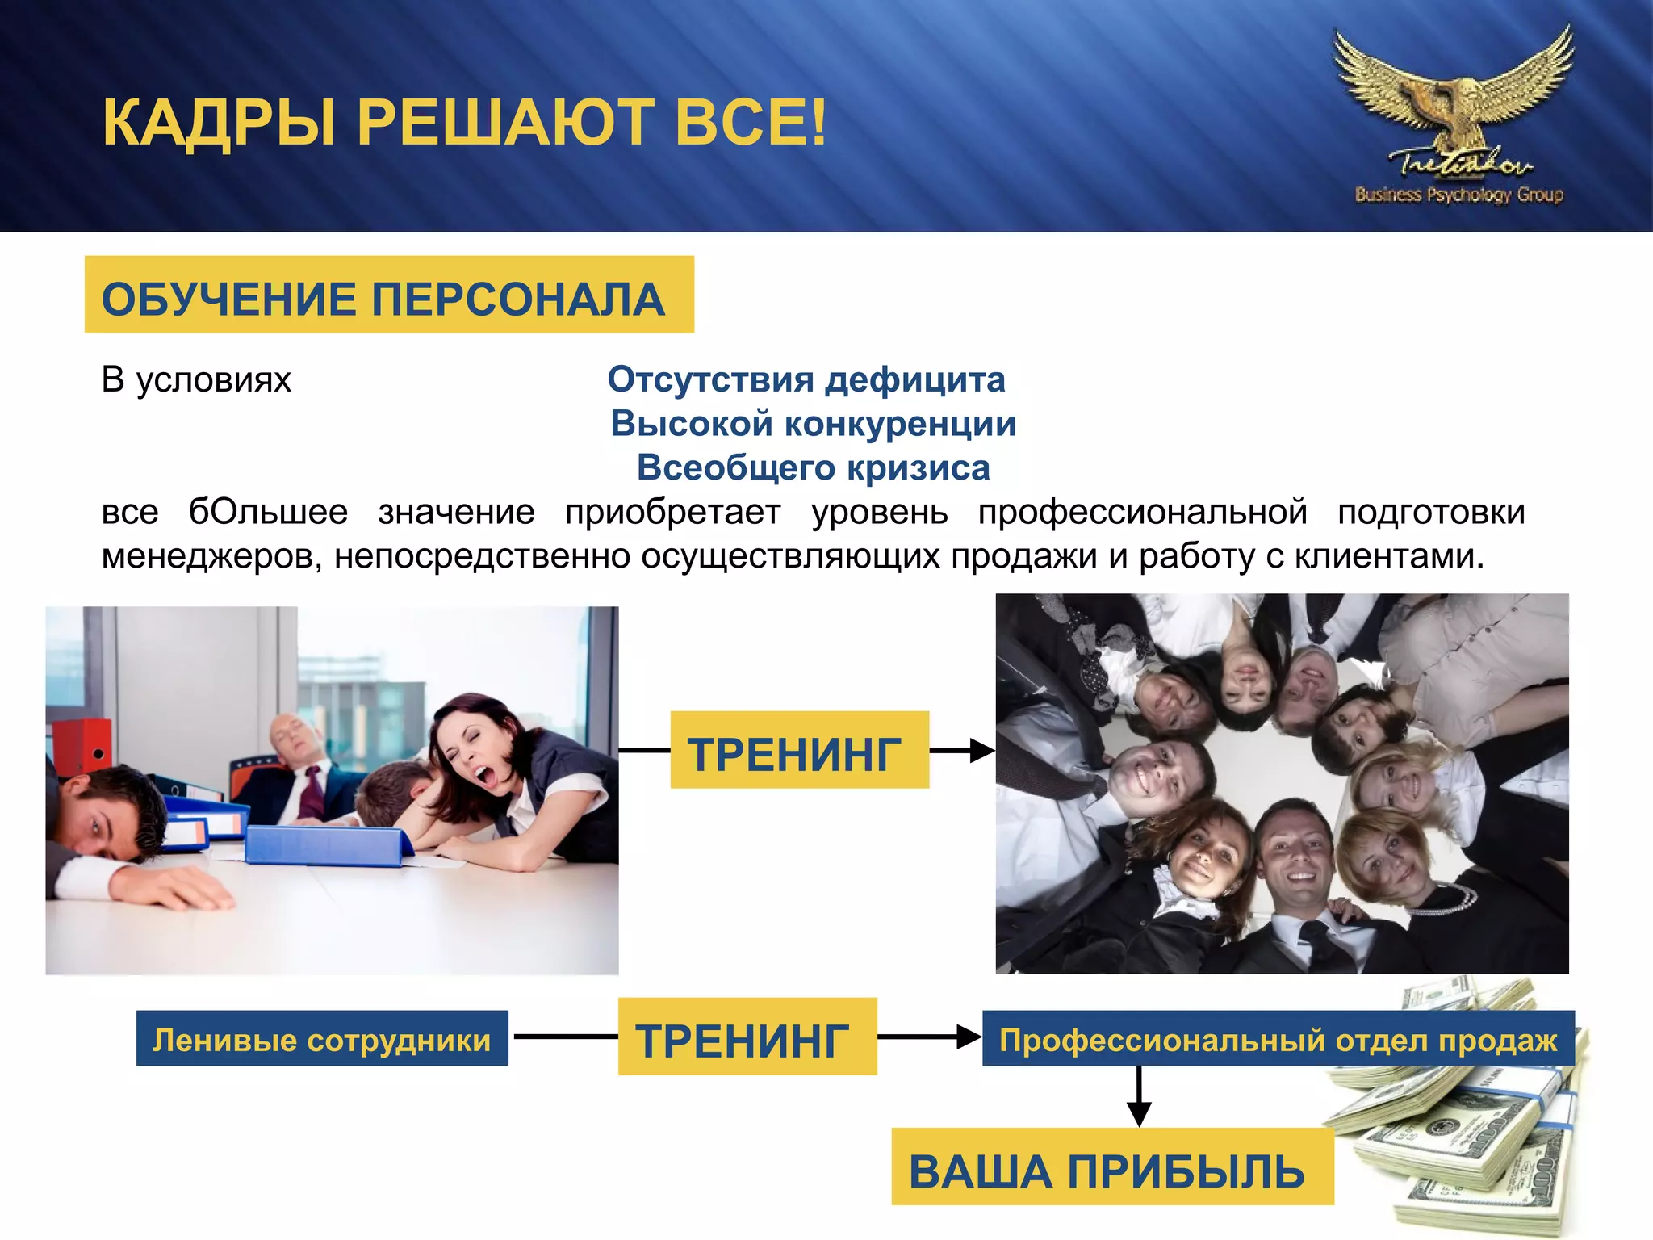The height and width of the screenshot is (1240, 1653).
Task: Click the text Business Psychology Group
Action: (x=1459, y=195)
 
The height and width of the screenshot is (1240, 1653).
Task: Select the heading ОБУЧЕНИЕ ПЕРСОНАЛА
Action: (x=384, y=299)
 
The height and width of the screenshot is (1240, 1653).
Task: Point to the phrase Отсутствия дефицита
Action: (x=806, y=379)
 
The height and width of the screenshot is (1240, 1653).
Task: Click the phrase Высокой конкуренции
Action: (x=812, y=424)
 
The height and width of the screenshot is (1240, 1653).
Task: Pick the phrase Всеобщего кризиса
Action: (x=813, y=468)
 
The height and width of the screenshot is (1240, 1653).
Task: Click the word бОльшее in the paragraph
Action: (x=268, y=513)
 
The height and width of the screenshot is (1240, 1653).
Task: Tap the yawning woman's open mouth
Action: (x=484, y=777)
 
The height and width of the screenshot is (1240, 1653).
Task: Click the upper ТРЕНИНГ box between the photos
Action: (x=799, y=750)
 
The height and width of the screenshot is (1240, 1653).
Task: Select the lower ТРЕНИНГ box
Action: (x=747, y=1037)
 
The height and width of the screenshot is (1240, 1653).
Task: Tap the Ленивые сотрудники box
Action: (x=321, y=1039)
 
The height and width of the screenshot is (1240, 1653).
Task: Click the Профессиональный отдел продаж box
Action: (x=1277, y=1039)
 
